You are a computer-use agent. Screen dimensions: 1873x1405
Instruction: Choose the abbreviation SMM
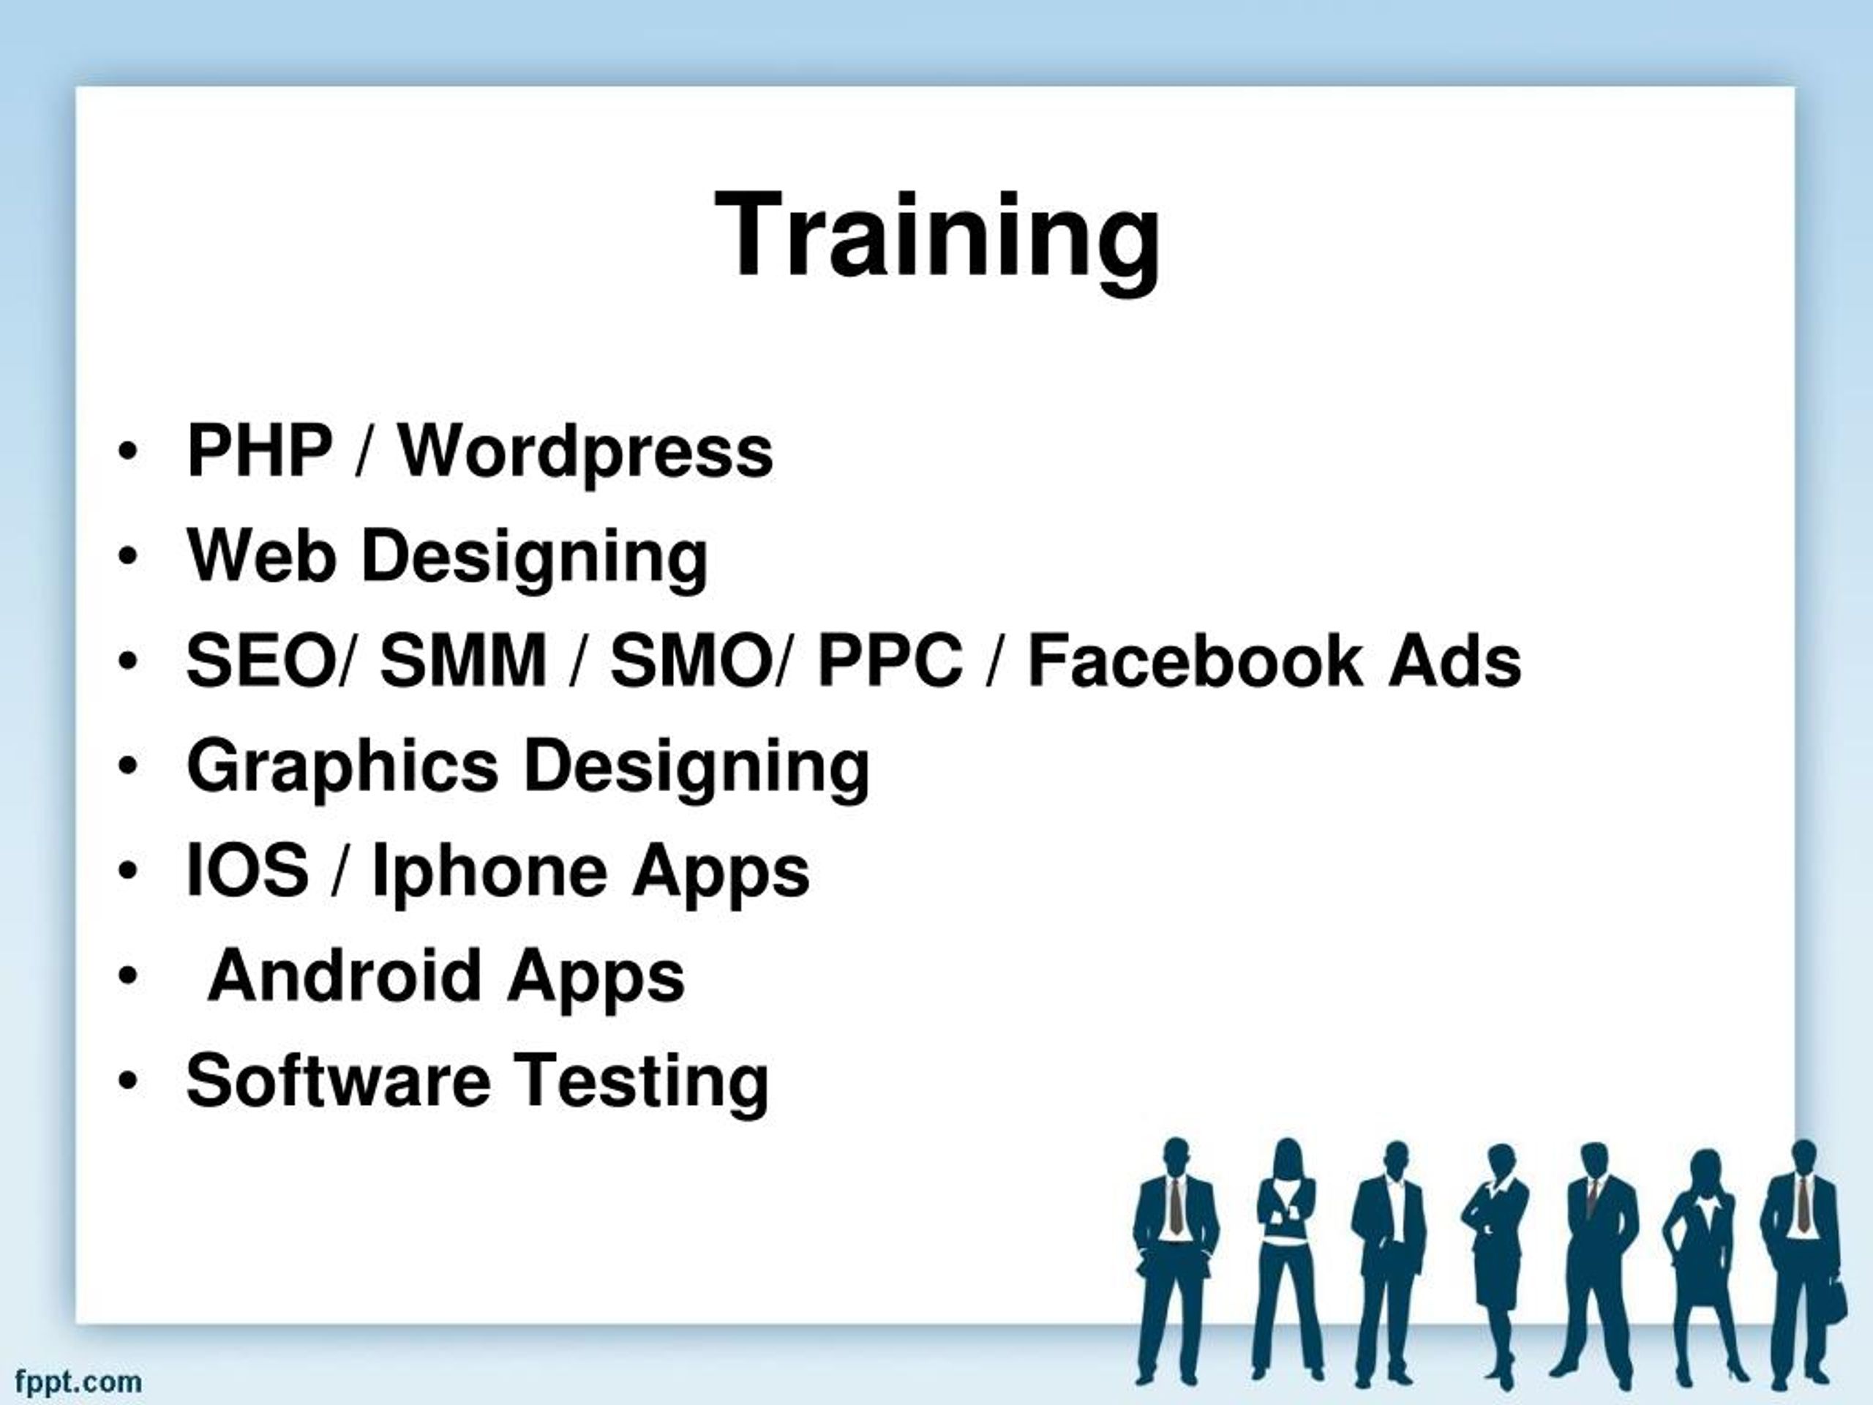click(x=463, y=661)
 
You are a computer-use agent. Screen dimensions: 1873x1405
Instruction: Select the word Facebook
click(x=1195, y=661)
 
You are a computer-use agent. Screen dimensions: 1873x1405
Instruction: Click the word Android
click(x=345, y=975)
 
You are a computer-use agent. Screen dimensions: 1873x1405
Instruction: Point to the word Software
click(x=338, y=1081)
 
